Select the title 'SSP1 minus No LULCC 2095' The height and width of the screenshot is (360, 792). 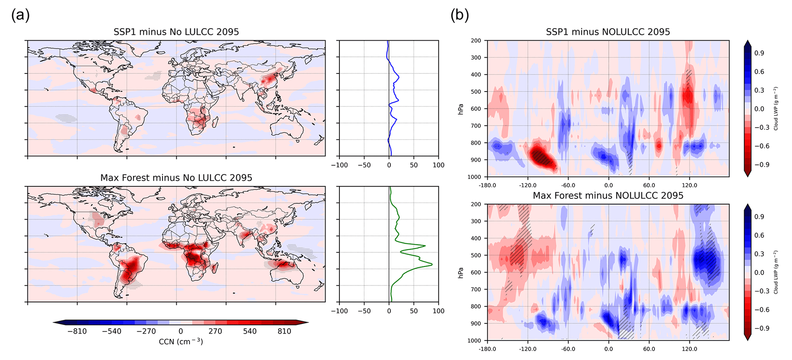point(176,32)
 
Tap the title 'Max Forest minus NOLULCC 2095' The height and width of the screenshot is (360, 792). point(608,196)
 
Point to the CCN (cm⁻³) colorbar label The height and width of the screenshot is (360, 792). point(181,341)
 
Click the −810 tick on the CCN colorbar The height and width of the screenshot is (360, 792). point(77,331)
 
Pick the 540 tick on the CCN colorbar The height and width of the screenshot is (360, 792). point(249,331)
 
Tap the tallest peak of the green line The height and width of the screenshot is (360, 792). point(432,264)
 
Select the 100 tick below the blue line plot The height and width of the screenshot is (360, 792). point(438,165)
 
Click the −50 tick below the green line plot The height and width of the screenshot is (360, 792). point(364,311)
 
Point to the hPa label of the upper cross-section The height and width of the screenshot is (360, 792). point(461,109)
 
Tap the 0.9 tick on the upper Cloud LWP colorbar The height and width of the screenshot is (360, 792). point(759,53)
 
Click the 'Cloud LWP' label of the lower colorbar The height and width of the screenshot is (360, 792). point(776,272)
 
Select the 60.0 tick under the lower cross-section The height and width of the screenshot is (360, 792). point(649,349)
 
